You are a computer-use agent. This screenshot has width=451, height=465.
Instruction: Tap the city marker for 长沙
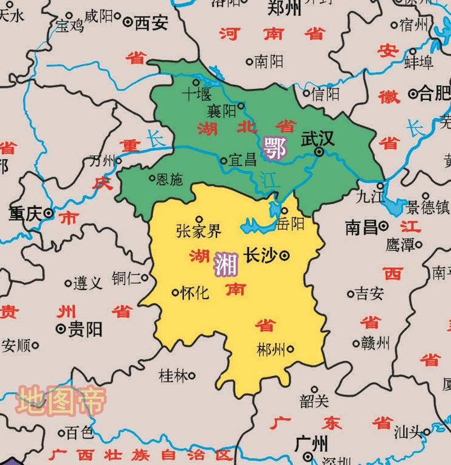[x=285, y=255]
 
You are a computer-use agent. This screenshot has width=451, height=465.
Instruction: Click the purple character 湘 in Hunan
[x=225, y=264]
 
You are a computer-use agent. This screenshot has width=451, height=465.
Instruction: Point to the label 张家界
[x=198, y=231]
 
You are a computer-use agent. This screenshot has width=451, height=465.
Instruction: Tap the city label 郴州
[x=271, y=348]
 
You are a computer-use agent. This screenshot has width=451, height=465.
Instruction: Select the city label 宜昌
[x=242, y=161]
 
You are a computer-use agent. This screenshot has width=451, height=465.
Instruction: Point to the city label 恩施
[x=169, y=179]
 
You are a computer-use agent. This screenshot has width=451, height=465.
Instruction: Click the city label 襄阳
[x=222, y=111]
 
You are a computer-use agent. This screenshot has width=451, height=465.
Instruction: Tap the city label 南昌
[x=361, y=227]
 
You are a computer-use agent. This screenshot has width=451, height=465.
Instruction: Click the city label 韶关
[x=314, y=401]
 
